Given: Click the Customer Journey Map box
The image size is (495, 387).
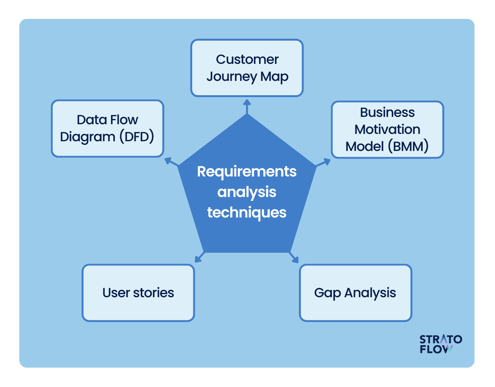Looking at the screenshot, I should point(247,68).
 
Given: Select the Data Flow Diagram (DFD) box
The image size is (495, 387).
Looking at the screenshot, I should point(108,128).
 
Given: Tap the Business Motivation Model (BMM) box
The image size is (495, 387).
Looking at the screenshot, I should point(387,130).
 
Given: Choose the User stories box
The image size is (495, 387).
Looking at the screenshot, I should point(138,293).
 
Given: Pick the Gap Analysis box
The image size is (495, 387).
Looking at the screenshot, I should point(355,293).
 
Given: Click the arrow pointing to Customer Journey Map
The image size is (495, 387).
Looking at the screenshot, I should point(247,106).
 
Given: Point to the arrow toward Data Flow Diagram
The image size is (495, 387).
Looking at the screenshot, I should point(171,162).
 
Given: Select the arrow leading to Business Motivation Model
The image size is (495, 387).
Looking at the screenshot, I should point(323,162).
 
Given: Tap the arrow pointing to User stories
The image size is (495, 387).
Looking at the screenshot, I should point(199,257).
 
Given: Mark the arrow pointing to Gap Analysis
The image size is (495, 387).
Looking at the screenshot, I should point(294,257).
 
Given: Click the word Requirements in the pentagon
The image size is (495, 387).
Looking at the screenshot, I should point(247,171).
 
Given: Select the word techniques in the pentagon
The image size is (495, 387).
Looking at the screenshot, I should point(247,212).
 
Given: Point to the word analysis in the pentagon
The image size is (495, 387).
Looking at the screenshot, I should point(247,192).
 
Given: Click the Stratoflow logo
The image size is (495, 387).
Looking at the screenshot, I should point(440,344).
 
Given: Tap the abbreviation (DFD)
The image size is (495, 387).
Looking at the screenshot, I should point(137,137).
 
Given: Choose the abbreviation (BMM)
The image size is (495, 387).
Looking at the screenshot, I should point(408,146).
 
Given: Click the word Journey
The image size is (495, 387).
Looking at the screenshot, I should point(232,77).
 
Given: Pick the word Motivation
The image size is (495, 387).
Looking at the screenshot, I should point(387,129).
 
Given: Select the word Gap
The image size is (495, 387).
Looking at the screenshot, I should point(327,293).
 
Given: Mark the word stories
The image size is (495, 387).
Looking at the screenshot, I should point(154,293).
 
